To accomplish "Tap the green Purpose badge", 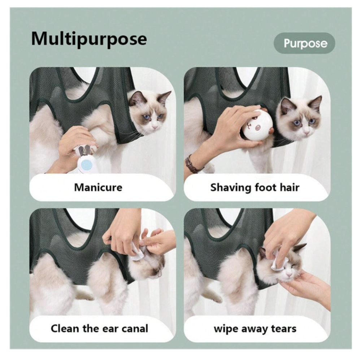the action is click(x=304, y=43).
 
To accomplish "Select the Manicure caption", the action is click(x=98, y=187).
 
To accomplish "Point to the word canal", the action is click(x=134, y=329).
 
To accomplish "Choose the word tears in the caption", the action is click(x=284, y=329).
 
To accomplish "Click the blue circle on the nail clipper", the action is click(x=86, y=164).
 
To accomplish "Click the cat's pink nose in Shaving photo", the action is click(x=306, y=133).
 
